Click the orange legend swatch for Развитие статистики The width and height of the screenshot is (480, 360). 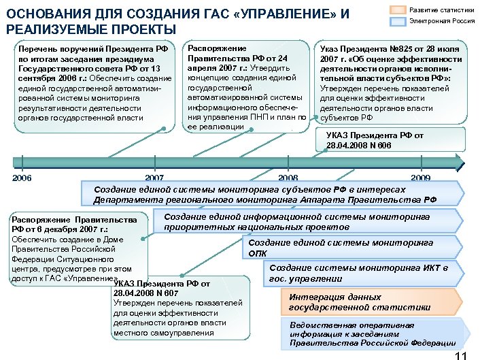398,10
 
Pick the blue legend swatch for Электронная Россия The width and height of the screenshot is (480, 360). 398,21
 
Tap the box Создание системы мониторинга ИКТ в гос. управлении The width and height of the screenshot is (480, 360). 367,273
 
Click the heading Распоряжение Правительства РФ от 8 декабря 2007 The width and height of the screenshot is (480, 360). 75,225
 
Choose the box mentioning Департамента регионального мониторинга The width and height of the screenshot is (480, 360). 272,194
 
